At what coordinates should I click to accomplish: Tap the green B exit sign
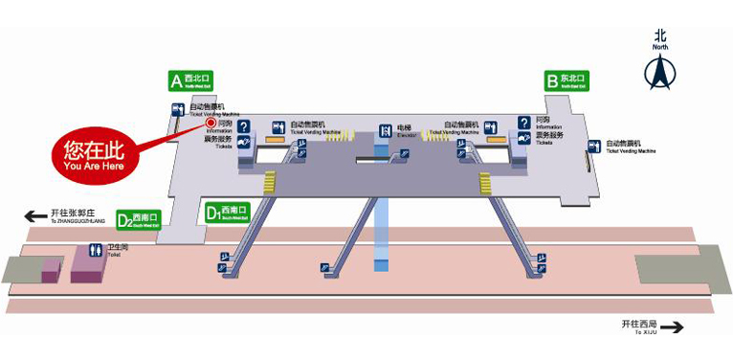click(566, 80)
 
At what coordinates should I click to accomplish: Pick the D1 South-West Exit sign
click(228, 212)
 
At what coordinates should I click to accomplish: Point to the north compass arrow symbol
click(660, 72)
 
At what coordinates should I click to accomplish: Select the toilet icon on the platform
click(95, 250)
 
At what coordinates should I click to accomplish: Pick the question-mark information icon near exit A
click(244, 126)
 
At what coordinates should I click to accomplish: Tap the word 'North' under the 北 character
click(660, 45)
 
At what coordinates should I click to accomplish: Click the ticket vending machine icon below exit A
click(177, 110)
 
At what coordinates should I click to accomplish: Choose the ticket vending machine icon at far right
click(594, 146)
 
